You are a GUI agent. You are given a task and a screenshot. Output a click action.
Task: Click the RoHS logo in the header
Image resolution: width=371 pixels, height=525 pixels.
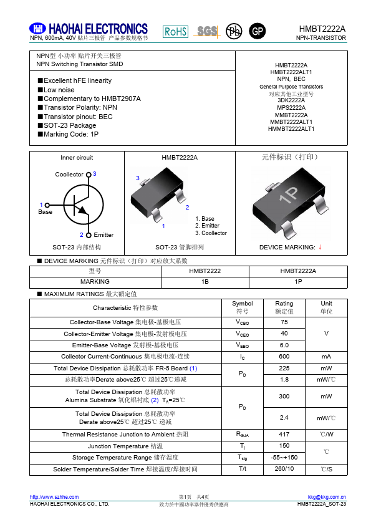coord(175,32)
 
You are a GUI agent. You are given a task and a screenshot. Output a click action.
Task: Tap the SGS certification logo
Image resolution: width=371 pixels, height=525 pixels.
coord(207,31)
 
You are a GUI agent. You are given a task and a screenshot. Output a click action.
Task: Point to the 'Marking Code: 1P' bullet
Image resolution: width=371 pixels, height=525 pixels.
coord(71,134)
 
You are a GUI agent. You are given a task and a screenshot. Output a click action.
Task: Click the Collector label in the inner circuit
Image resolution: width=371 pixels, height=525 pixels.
coord(69,175)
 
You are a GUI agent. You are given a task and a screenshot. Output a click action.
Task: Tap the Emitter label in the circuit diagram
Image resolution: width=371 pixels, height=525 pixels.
coord(104,235)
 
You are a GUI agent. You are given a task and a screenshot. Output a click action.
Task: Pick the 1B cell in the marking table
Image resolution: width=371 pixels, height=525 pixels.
coord(205,281)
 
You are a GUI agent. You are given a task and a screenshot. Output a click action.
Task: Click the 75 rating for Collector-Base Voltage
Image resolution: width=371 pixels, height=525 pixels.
coord(284,322)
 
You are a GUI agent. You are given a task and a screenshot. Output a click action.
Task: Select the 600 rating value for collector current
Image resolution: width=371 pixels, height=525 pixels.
coord(284,356)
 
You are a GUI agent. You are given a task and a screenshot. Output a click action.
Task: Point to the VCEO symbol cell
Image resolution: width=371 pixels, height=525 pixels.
coord(242,334)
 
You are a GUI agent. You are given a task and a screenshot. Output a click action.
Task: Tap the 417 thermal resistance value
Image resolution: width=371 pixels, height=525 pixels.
coord(284,434)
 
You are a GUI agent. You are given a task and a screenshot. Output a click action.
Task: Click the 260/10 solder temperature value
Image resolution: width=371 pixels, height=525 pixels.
coord(284,468)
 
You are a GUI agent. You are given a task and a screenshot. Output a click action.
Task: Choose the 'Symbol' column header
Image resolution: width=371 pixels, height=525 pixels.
coord(242,303)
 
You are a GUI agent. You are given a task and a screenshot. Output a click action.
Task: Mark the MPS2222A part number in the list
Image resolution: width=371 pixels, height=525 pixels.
coord(291,108)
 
